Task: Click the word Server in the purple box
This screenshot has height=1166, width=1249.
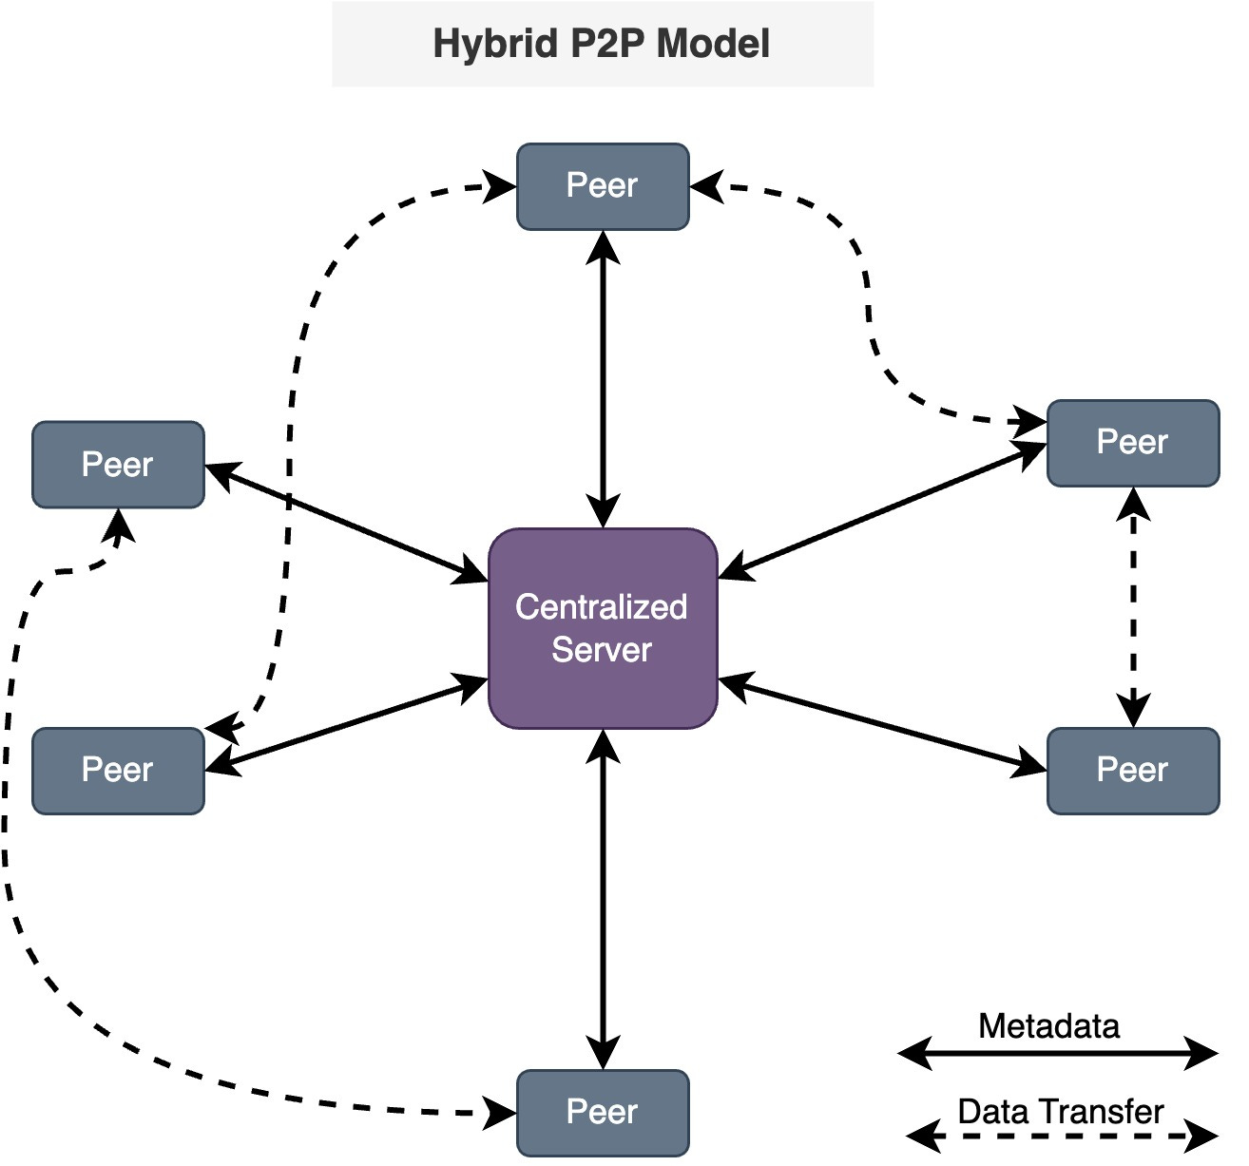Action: point(602,651)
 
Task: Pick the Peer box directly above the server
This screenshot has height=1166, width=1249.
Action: point(603,186)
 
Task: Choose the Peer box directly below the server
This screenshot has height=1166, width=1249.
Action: point(603,1112)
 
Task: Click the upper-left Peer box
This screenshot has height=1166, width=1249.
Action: point(118,465)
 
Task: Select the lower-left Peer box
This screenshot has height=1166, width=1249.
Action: point(118,770)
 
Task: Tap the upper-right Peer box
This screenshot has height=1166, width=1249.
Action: point(1132,443)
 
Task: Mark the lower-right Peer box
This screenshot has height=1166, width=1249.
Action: point(1132,770)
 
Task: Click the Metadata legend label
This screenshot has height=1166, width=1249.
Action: point(1048,1026)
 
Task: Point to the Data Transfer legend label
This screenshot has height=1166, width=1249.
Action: point(1060,1111)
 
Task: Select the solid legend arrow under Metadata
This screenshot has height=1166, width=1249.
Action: point(1058,1053)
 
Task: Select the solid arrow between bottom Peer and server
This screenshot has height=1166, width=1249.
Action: point(604,898)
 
